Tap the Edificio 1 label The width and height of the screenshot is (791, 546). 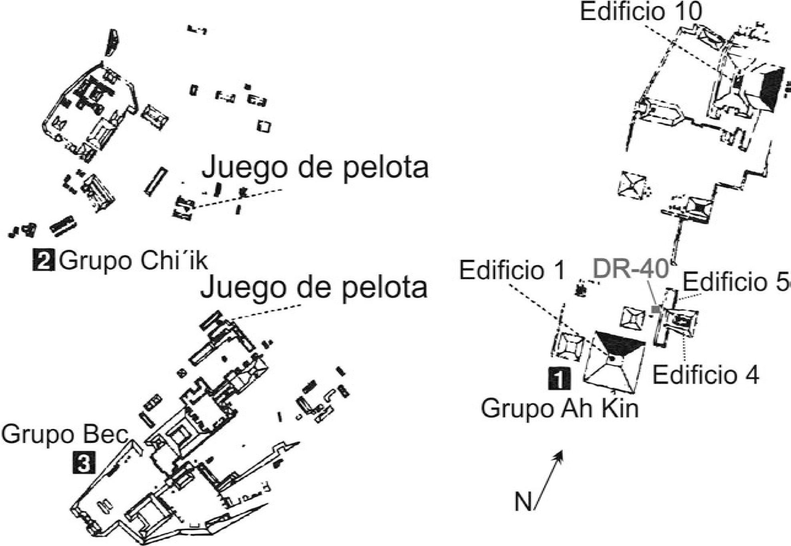[x=511, y=270]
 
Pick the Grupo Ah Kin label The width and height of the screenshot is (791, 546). [x=559, y=409]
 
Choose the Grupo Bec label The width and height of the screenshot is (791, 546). [x=64, y=434]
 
